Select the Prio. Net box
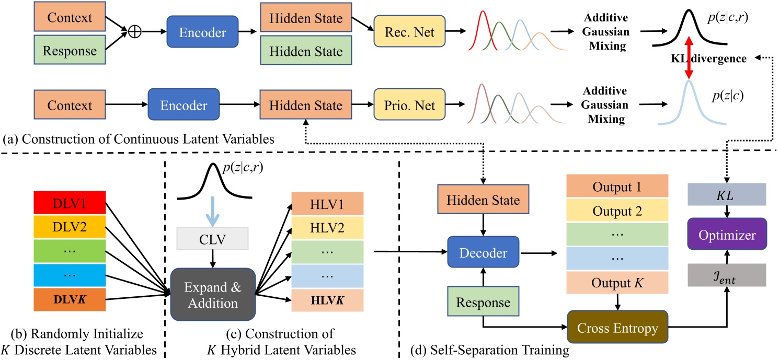click(x=411, y=106)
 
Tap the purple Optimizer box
click(x=726, y=236)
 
